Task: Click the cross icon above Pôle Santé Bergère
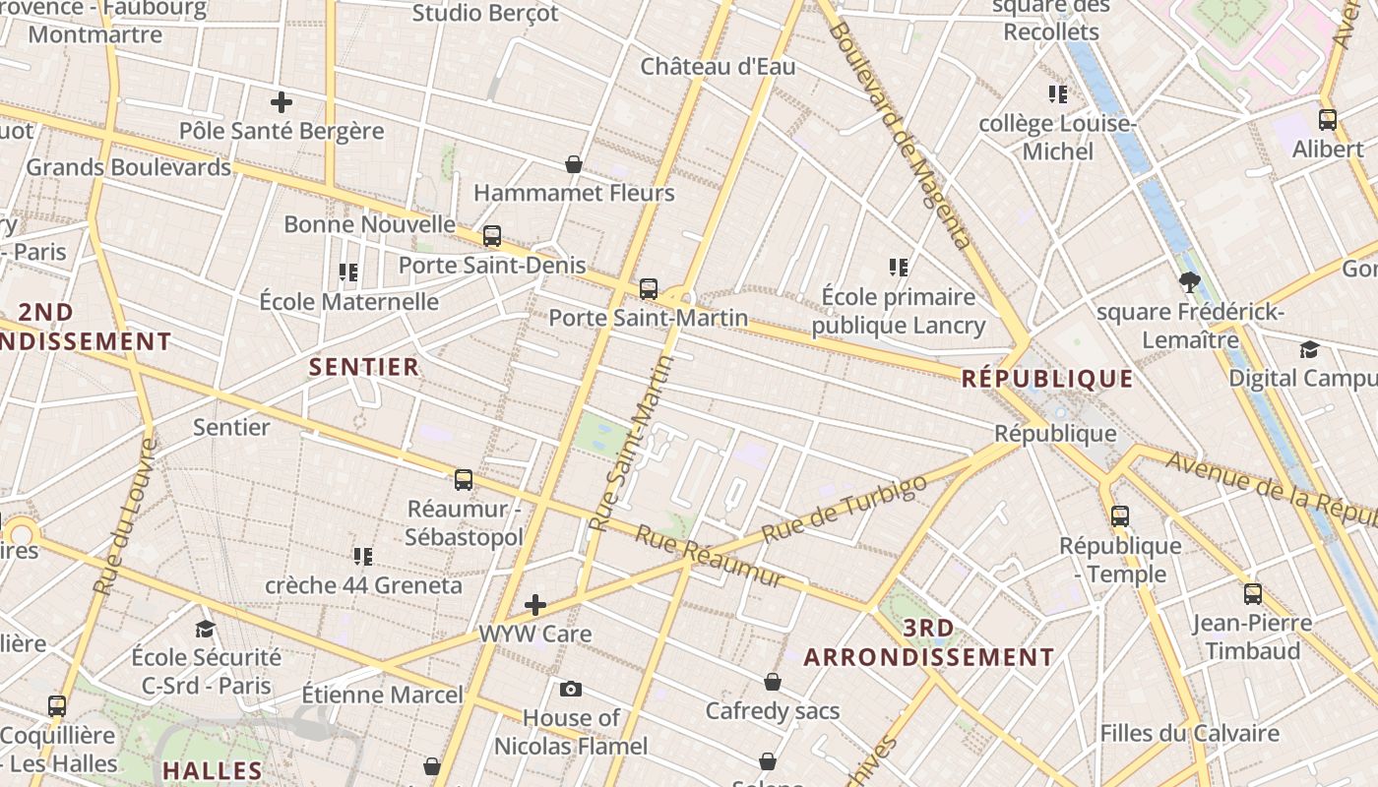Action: pyautogui.click(x=282, y=101)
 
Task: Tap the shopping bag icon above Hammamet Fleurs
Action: pyautogui.click(x=574, y=163)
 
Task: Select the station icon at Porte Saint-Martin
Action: pyautogui.click(x=648, y=289)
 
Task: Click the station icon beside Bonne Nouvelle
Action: pyautogui.click(x=491, y=236)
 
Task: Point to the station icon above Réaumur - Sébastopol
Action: pyautogui.click(x=464, y=480)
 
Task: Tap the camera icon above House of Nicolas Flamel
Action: pyautogui.click(x=571, y=689)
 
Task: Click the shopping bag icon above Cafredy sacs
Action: pyautogui.click(x=773, y=682)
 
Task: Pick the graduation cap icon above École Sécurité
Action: pyautogui.click(x=205, y=629)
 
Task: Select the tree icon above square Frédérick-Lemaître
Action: pyautogui.click(x=1189, y=283)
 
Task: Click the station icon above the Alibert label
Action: pyautogui.click(x=1327, y=120)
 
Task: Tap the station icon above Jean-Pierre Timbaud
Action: pyautogui.click(x=1252, y=593)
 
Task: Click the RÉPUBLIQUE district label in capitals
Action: pyautogui.click(x=1047, y=379)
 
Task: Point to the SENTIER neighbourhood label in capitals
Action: pyautogui.click(x=364, y=368)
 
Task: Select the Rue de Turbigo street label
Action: pyautogui.click(x=845, y=509)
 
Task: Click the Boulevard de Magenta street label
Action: pyautogui.click(x=900, y=133)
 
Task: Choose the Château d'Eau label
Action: pyautogui.click(x=718, y=67)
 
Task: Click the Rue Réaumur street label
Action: pyautogui.click(x=709, y=557)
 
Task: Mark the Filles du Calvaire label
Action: pyautogui.click(x=1189, y=733)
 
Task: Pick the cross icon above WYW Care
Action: pyautogui.click(x=535, y=604)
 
